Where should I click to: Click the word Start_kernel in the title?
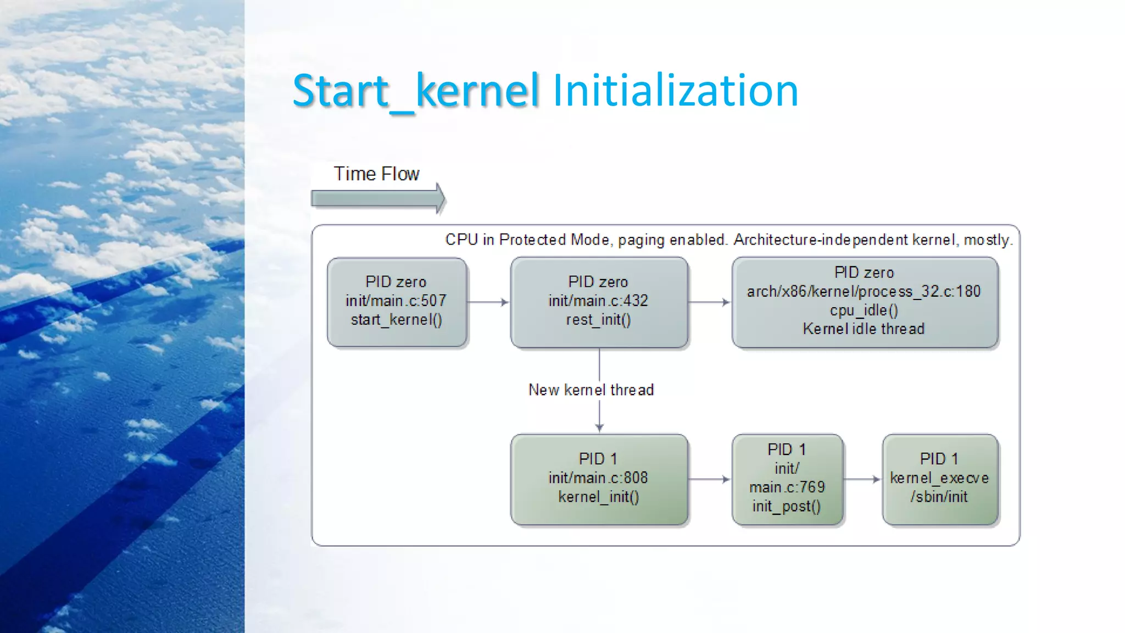click(x=415, y=91)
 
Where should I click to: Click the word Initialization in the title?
click(x=675, y=91)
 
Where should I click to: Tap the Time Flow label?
click(x=376, y=174)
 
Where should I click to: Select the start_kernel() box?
click(x=397, y=302)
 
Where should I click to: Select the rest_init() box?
click(x=599, y=302)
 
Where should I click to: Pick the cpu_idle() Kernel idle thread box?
click(x=865, y=302)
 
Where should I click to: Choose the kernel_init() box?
click(x=599, y=479)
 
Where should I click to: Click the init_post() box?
click(x=787, y=479)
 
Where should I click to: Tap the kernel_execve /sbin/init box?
click(x=940, y=479)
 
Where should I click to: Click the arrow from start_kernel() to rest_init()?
click(x=488, y=302)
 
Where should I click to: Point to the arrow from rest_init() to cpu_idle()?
click(x=709, y=302)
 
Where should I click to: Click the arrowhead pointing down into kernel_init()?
click(x=599, y=427)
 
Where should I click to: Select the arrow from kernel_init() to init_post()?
click(x=709, y=479)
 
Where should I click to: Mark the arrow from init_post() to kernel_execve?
click(x=862, y=479)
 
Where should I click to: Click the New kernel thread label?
click(x=591, y=390)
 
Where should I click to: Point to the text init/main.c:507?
click(x=396, y=301)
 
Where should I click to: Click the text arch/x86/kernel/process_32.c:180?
click(x=864, y=291)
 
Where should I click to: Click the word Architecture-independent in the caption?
click(x=821, y=240)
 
